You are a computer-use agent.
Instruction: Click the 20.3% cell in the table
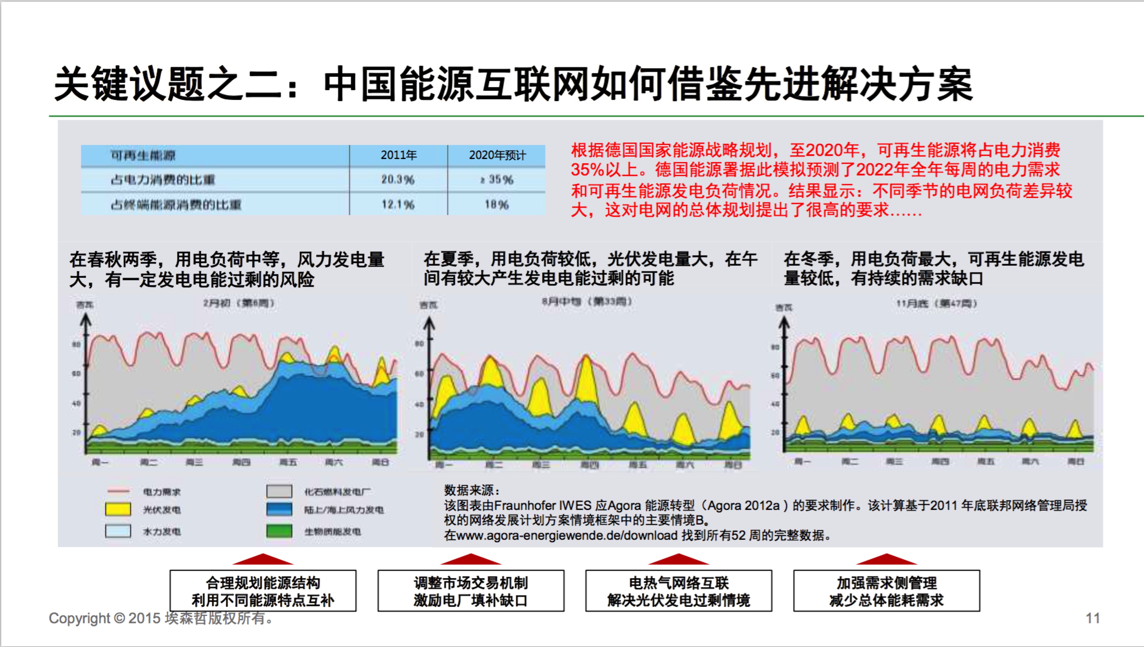click(x=397, y=179)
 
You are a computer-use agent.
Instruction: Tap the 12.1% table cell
click(x=397, y=204)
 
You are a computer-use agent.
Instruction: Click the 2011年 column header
click(x=398, y=155)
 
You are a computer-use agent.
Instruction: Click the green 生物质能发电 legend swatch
click(x=279, y=531)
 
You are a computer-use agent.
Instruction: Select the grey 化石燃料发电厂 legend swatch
click(x=279, y=491)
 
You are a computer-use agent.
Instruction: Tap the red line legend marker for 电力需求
click(x=118, y=491)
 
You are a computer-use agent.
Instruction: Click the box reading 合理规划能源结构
click(x=263, y=591)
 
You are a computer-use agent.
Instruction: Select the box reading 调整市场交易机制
click(x=471, y=591)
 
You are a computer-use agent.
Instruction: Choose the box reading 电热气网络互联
click(x=678, y=591)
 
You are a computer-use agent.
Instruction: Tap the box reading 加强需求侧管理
click(x=886, y=591)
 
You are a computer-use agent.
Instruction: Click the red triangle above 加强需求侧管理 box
click(x=886, y=560)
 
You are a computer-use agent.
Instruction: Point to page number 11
click(x=1093, y=618)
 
